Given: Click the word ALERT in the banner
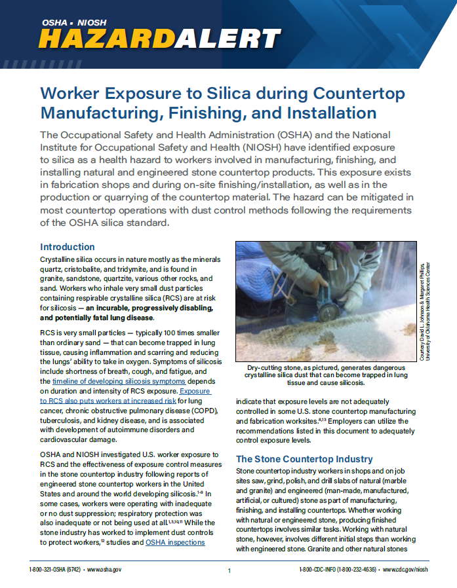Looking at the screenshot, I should point(229,40).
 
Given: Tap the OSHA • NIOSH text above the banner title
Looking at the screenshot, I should point(73,22).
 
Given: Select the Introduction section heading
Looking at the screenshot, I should point(68,247).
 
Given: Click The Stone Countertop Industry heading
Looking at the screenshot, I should point(304,459).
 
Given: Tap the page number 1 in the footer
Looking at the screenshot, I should point(229,570).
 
